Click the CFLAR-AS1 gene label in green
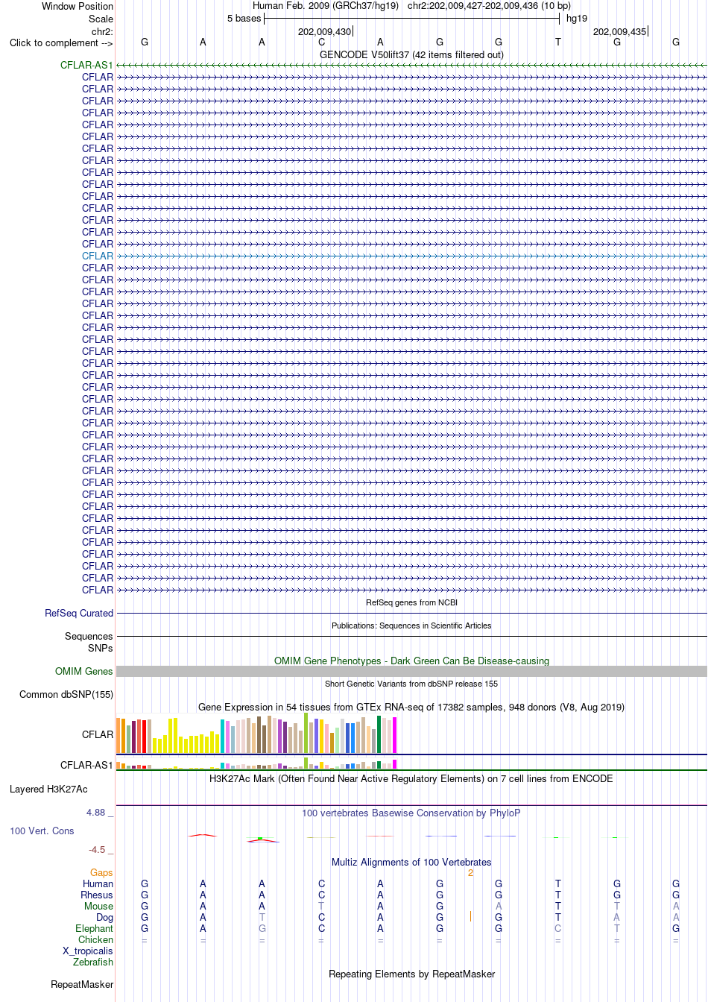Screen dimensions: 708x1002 click(86, 66)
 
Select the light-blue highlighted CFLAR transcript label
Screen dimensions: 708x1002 click(98, 256)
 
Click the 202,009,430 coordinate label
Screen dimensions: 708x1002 click(324, 32)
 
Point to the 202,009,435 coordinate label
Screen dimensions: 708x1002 click(619, 32)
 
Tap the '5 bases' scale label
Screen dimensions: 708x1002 click(244, 19)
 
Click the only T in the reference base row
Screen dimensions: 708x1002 click(557, 42)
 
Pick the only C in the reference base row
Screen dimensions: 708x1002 click(321, 42)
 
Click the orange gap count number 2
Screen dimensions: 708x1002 click(470, 873)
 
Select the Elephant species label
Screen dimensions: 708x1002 click(94, 929)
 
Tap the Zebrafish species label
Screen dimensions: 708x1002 click(93, 962)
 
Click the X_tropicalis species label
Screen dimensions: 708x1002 click(88, 951)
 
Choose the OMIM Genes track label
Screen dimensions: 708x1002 click(83, 672)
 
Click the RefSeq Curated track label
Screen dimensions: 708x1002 click(79, 614)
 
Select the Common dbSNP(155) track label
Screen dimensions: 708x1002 click(66, 694)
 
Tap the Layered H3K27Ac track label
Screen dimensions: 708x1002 click(48, 789)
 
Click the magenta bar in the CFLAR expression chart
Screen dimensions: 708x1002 click(394, 735)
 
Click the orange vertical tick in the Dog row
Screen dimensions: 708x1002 click(470, 916)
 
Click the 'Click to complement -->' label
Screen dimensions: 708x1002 click(61, 43)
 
